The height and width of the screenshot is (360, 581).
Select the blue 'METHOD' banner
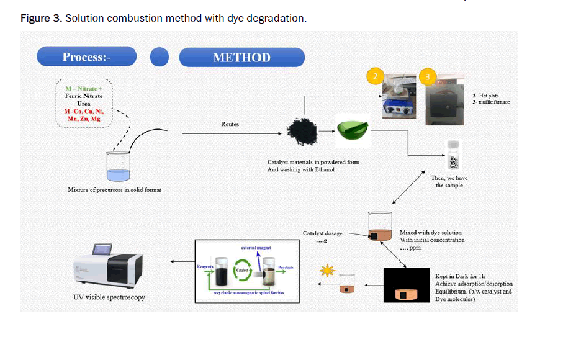click(241, 58)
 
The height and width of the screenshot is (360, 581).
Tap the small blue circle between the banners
click(160, 57)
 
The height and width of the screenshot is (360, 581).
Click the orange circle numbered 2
click(374, 76)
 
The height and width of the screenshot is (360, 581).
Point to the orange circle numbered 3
click(428, 76)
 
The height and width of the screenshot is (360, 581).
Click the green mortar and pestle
click(351, 131)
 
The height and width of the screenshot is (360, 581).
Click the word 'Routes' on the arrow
click(230, 124)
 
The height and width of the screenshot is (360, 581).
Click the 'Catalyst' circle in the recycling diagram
click(242, 271)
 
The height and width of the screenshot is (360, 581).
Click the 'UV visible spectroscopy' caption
click(109, 297)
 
